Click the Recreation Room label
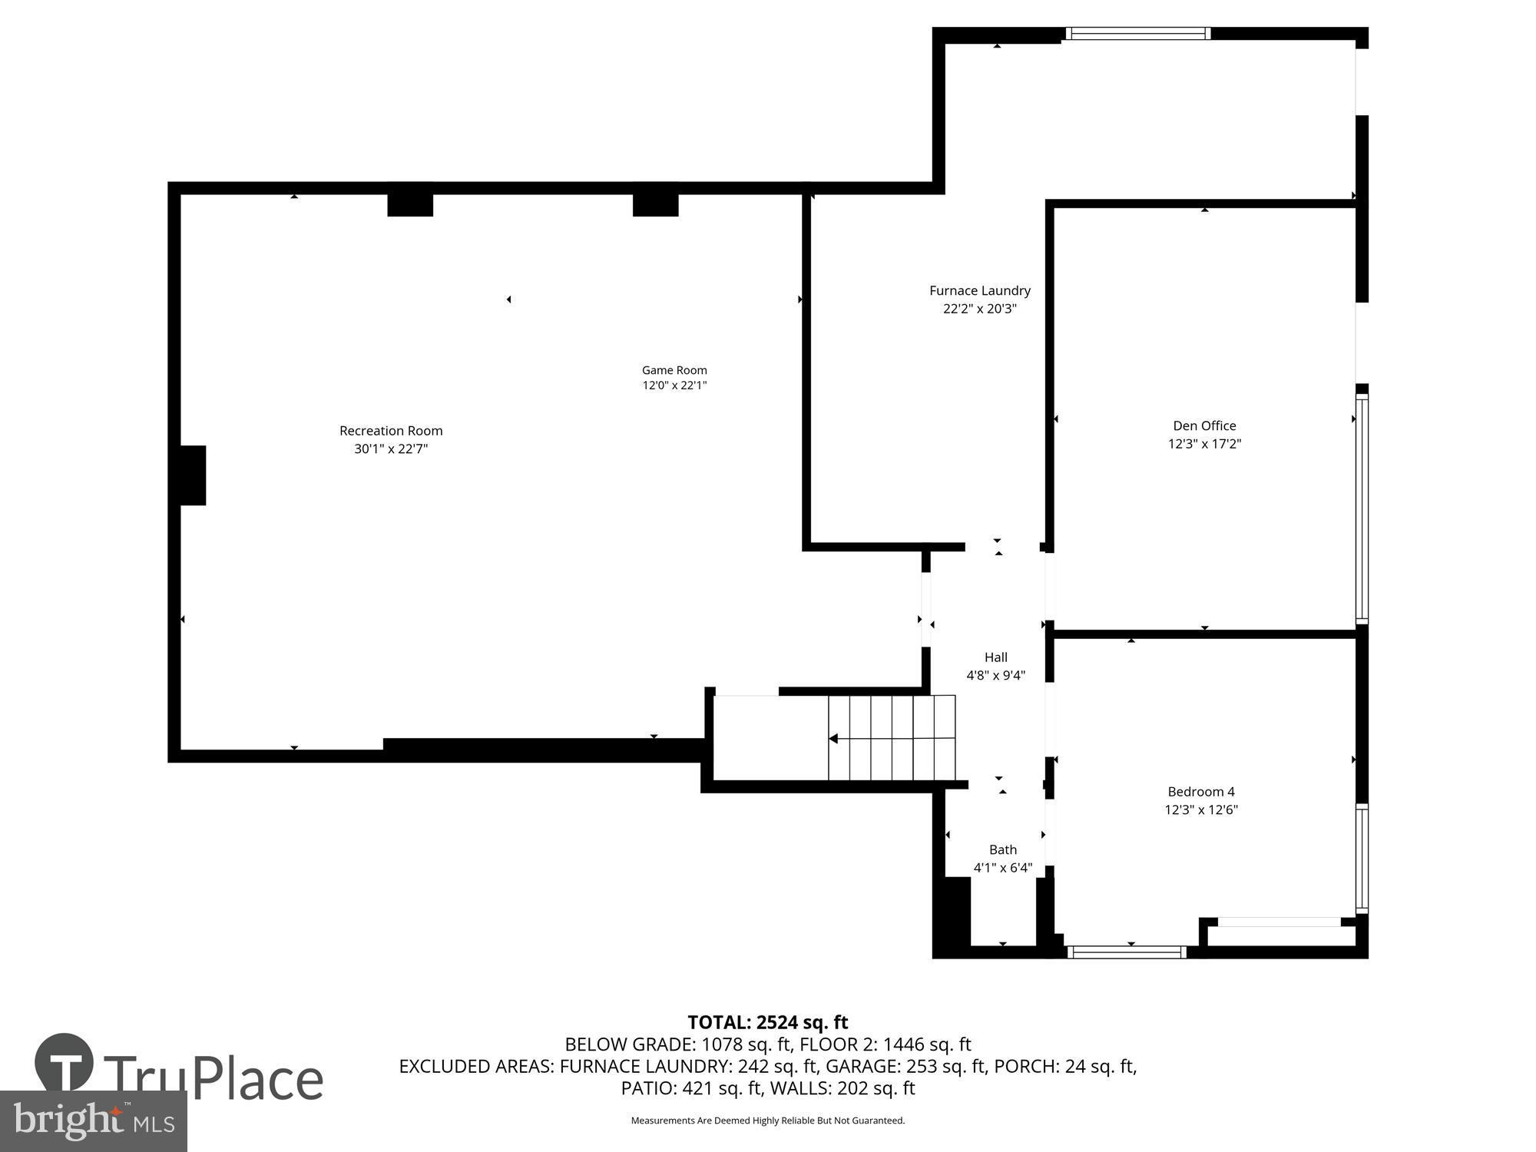(x=391, y=431)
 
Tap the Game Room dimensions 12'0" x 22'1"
(x=674, y=386)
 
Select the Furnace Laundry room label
(x=980, y=290)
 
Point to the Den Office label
(x=1204, y=425)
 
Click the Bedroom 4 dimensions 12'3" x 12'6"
(x=1201, y=809)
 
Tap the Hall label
(x=996, y=657)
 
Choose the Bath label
(x=1003, y=849)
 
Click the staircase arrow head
(x=833, y=739)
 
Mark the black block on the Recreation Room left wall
(x=192, y=475)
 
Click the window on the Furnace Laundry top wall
(x=1138, y=33)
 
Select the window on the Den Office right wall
(x=1362, y=507)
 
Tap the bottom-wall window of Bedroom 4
(x=1127, y=952)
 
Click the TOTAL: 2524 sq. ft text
(x=767, y=1022)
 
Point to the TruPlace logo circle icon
(x=65, y=1062)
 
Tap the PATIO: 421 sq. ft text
(x=691, y=1088)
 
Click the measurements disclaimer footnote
(x=767, y=1121)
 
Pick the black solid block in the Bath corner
(x=952, y=914)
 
